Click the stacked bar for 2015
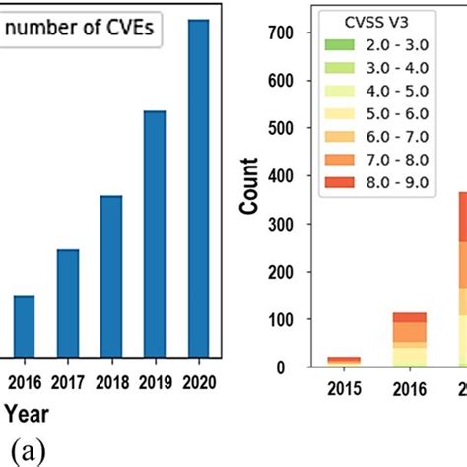point(344,362)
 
